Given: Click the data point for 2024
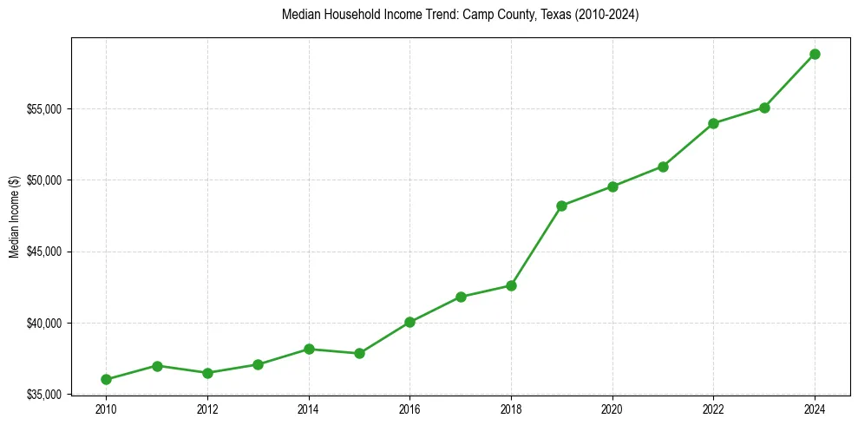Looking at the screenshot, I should click(815, 54).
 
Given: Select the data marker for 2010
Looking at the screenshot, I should click(106, 379).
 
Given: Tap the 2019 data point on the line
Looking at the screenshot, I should click(561, 206).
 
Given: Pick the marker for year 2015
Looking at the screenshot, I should click(359, 353).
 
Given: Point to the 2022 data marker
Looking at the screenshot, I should click(713, 123).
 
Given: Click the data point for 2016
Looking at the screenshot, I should click(409, 322).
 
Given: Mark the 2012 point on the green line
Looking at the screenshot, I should click(207, 373).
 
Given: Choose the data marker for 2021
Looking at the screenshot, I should click(663, 167).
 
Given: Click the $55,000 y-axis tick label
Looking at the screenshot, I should click(44, 109).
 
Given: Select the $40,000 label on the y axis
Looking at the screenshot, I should click(44, 324).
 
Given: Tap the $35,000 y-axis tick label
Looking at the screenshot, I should click(44, 395).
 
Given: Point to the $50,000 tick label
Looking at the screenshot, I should click(44, 180).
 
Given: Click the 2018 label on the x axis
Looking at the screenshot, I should click(511, 409).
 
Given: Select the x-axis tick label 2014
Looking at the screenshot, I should click(308, 409).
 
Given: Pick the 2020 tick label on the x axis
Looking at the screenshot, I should click(612, 409).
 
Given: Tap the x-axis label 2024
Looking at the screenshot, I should click(815, 409).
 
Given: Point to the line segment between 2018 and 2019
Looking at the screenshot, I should click(536, 245).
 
